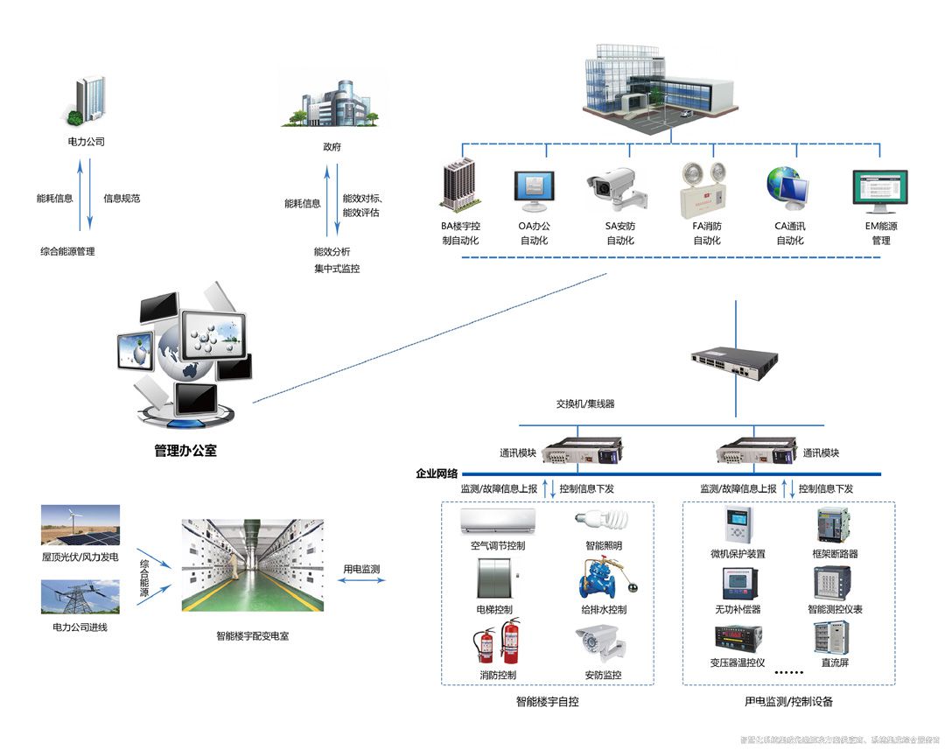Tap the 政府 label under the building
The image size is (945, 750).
332,146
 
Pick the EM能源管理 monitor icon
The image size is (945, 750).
879,192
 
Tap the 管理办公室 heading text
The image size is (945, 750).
185,451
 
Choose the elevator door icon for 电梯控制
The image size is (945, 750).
495,578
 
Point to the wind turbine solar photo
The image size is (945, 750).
80,525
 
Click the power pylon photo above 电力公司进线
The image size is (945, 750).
80,596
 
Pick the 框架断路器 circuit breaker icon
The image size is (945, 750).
833,525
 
